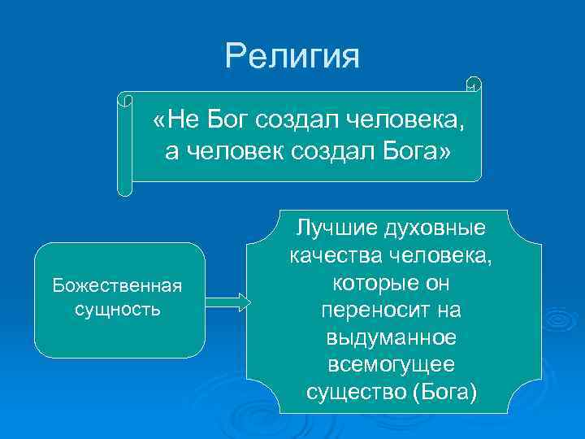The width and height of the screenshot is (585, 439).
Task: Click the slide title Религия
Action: (x=292, y=56)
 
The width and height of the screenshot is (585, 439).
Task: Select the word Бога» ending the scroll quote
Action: (x=418, y=151)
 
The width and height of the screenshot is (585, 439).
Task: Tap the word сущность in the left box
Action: (x=117, y=310)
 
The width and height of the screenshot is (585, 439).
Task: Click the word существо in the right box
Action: (x=357, y=393)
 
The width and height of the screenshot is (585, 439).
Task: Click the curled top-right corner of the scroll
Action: (x=474, y=85)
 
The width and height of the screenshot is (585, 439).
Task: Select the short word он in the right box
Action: (x=440, y=283)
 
